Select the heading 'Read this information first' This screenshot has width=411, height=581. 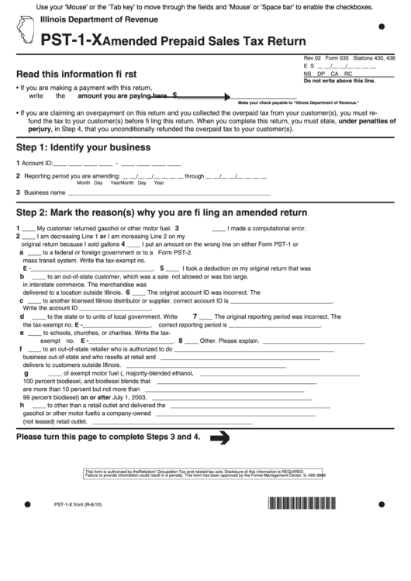coord(77,74)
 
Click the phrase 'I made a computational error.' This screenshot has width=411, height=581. coord(267,229)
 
